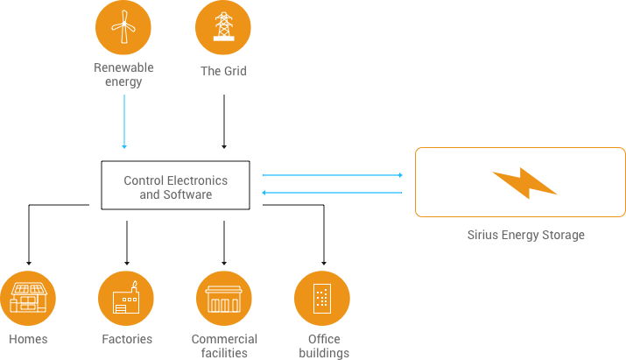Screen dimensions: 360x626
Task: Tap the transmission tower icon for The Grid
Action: [x=223, y=29]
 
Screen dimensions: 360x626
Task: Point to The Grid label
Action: [x=223, y=71]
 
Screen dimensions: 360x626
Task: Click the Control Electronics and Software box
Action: [x=175, y=185]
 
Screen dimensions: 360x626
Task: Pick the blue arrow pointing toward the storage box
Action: [x=333, y=175]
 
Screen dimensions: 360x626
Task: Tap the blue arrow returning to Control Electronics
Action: [x=333, y=194]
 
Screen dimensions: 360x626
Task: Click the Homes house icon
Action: [x=28, y=299]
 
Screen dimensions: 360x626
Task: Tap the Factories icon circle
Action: [x=126, y=299]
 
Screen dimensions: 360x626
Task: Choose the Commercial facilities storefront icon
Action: [x=224, y=299]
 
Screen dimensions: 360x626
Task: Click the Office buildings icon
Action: [x=322, y=299]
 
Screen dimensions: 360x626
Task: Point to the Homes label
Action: [x=28, y=339]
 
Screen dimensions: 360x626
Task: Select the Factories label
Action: [x=126, y=339]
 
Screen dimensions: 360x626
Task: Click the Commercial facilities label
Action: [x=224, y=345]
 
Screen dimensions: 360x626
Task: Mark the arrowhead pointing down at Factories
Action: [x=127, y=262]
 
